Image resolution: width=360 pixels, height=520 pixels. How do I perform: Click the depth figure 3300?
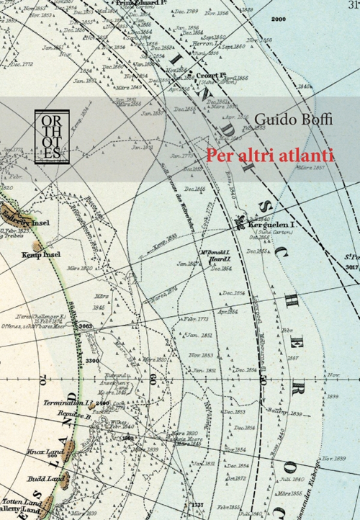[x=92, y=360]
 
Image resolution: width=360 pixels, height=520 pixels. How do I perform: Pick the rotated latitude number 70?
[x=42, y=376]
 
